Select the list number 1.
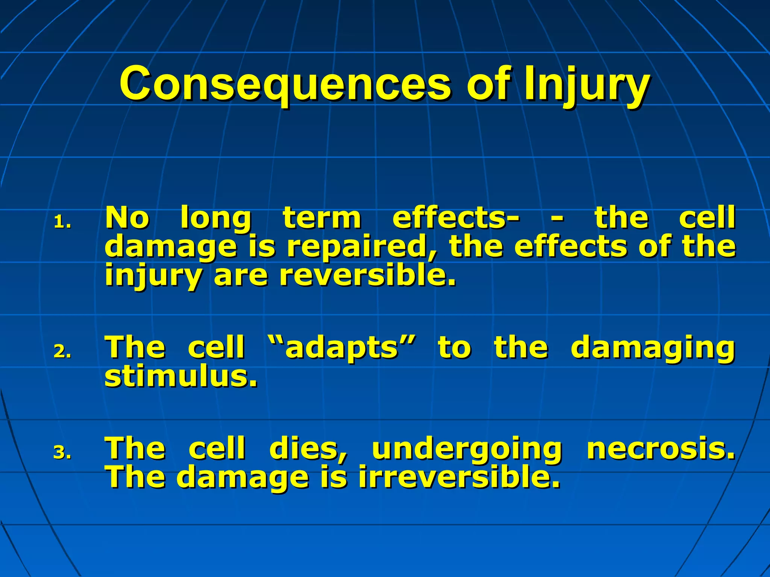[62, 222]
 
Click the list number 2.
[62, 352]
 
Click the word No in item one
[127, 218]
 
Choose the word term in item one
[322, 218]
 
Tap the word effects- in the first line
[456, 218]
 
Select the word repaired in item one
[362, 248]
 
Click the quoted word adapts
[342, 348]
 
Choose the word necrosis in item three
[660, 449]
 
